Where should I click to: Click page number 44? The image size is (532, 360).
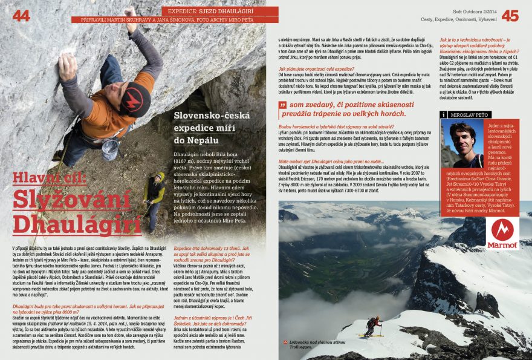[x=21, y=15]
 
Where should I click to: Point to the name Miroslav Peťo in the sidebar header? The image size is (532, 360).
[x=472, y=114]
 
